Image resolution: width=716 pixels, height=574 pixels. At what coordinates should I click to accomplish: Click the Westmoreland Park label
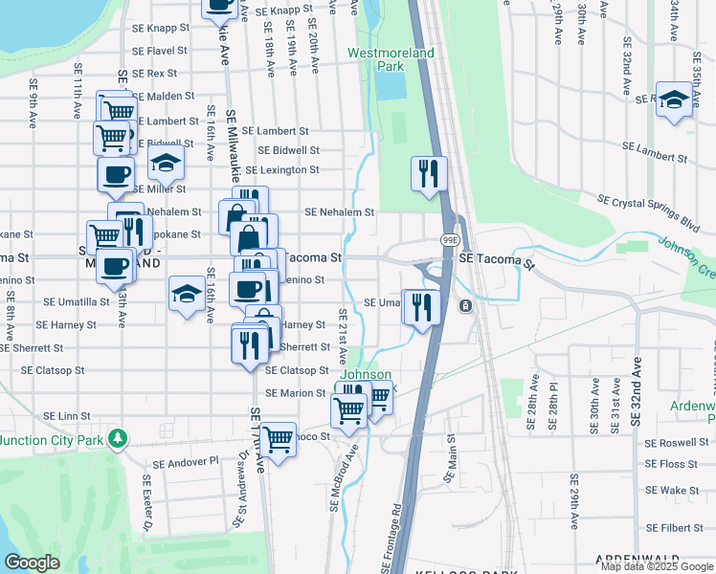click(391, 59)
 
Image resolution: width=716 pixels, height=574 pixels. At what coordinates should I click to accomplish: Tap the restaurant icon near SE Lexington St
click(428, 173)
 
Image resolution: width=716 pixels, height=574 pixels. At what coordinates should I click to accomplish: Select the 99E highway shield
click(448, 239)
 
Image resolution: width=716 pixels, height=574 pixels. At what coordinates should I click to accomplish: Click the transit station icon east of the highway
click(465, 306)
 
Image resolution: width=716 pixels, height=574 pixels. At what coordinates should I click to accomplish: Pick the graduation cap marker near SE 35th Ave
click(674, 99)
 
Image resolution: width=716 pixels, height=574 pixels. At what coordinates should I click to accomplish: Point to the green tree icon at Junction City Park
click(118, 438)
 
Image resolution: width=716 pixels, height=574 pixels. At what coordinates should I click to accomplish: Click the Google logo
click(33, 563)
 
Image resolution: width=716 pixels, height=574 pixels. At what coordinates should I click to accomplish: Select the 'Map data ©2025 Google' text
click(656, 565)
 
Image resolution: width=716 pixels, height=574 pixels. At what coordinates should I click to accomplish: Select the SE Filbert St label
click(679, 528)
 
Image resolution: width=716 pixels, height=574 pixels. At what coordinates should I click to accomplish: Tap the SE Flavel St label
click(160, 51)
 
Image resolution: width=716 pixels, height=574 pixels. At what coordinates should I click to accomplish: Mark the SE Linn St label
click(66, 416)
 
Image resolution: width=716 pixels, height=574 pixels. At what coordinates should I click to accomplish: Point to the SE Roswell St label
click(678, 444)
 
